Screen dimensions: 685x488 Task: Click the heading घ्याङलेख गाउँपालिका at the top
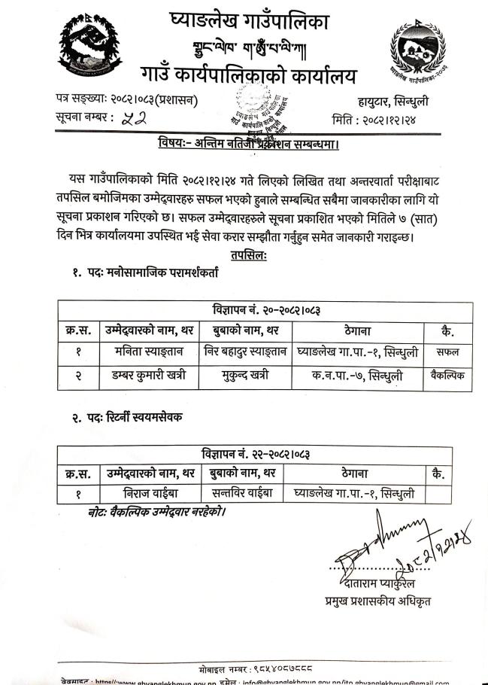(x=250, y=23)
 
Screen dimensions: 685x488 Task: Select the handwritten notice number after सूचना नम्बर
(x=134, y=118)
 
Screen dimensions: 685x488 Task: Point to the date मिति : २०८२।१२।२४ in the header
(x=377, y=118)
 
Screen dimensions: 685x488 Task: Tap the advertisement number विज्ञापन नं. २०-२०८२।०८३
(x=266, y=309)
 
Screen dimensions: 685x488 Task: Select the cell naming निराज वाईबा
(x=146, y=494)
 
